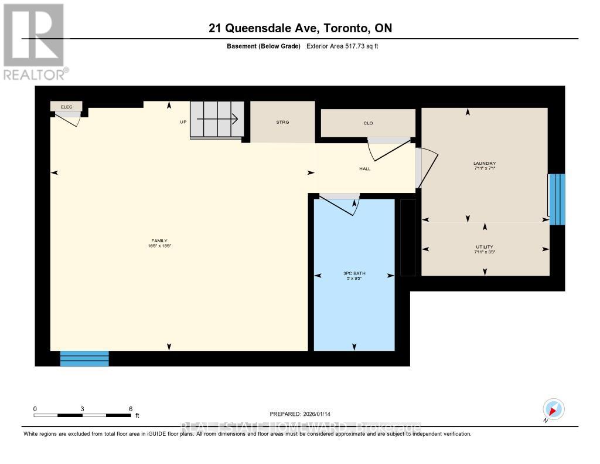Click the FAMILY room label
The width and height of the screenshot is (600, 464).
pyautogui.click(x=159, y=241)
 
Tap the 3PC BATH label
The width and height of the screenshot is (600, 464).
pyautogui.click(x=354, y=275)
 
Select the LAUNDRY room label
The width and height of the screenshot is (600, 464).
pyautogui.click(x=485, y=164)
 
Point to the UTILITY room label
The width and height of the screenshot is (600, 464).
pyautogui.click(x=485, y=247)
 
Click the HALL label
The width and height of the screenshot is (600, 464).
pyautogui.click(x=365, y=169)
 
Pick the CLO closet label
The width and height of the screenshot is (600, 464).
pyautogui.click(x=368, y=123)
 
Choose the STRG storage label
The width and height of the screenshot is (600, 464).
pyautogui.click(x=283, y=122)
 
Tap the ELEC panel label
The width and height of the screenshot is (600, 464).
pyautogui.click(x=66, y=106)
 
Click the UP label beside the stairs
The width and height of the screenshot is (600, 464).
pyautogui.click(x=183, y=122)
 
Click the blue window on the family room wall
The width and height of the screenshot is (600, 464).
pyautogui.click(x=84, y=358)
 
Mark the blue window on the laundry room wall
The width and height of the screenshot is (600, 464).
pyautogui.click(x=557, y=199)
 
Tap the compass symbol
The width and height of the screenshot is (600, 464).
pyautogui.click(x=553, y=408)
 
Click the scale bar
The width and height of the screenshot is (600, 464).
pyautogui.click(x=82, y=415)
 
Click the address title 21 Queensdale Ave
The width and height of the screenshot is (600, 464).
pyautogui.click(x=299, y=28)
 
